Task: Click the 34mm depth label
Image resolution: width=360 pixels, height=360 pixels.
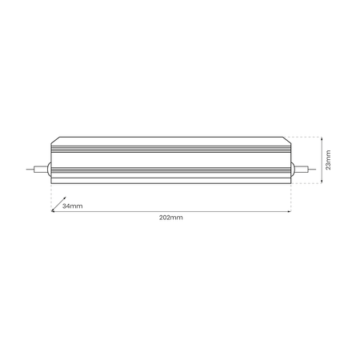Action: (72, 206)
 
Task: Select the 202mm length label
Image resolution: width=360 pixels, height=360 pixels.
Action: (171, 217)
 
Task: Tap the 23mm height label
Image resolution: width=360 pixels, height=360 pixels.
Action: (329, 160)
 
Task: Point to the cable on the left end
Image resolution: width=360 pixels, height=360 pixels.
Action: (37, 170)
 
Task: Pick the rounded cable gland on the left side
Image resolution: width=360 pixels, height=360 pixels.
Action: (50, 170)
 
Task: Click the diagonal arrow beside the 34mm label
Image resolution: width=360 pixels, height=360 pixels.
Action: (58, 206)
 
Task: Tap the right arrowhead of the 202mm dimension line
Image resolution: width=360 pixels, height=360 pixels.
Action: (289, 211)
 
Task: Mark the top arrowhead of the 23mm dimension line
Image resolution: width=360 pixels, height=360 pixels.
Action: (321, 138)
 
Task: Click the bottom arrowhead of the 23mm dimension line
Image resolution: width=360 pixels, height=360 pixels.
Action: (321, 182)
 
